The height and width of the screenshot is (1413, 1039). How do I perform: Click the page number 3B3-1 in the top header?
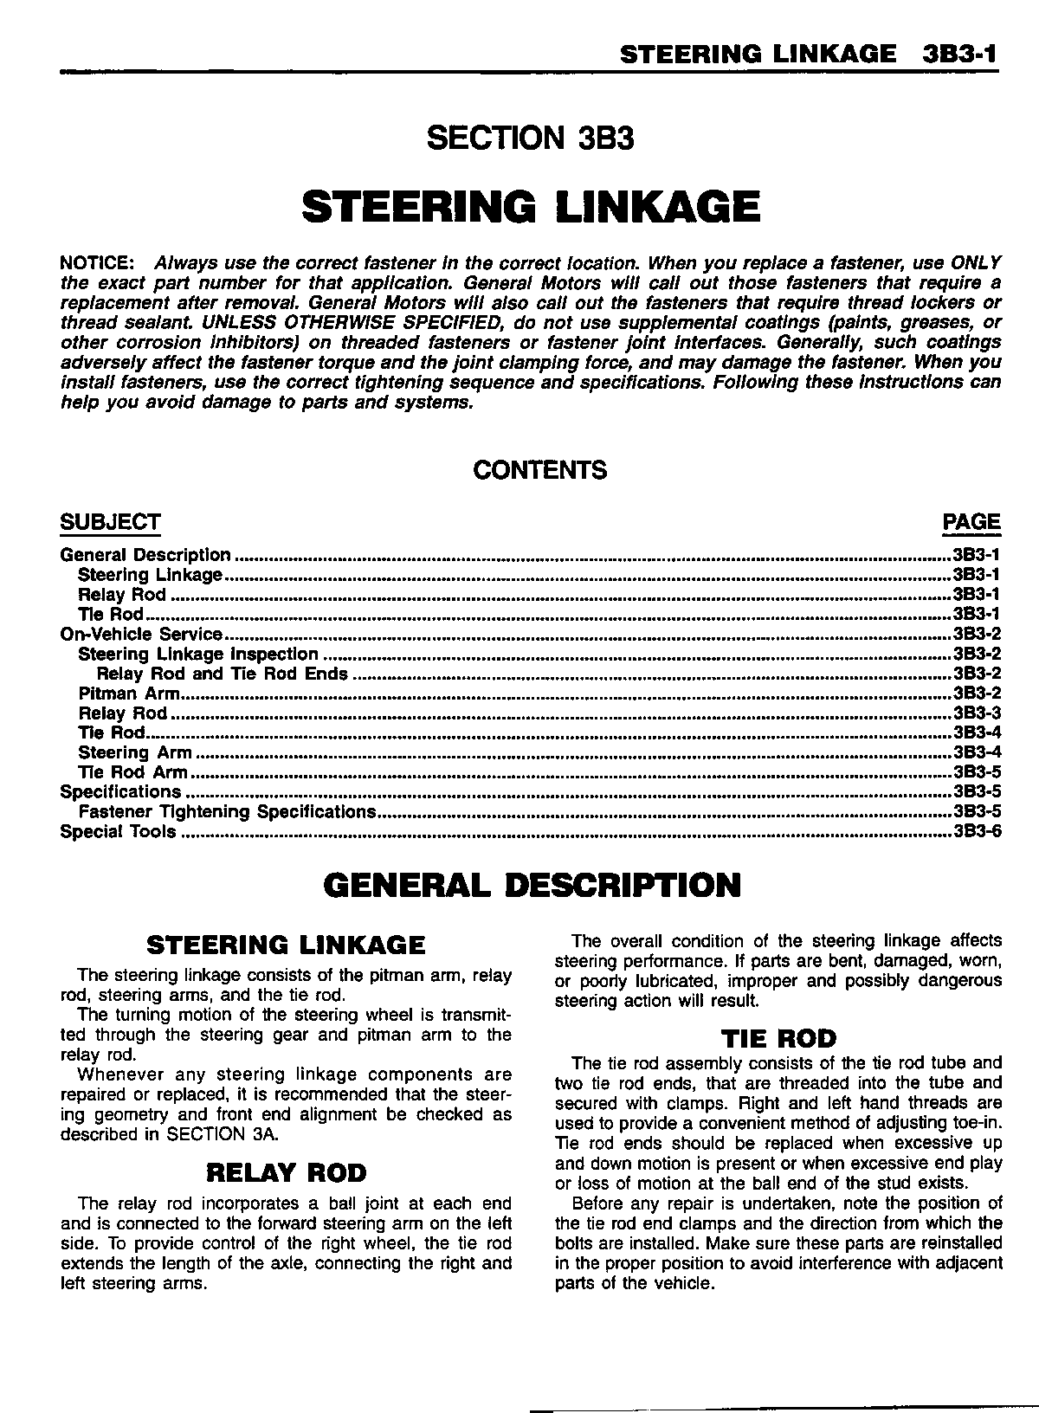(x=960, y=55)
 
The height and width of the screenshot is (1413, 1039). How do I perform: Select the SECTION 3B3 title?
(x=532, y=138)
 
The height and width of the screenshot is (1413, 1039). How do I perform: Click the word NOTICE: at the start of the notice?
(x=96, y=262)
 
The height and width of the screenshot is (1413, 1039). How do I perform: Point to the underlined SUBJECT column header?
(x=110, y=522)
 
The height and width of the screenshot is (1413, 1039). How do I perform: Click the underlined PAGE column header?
(x=971, y=522)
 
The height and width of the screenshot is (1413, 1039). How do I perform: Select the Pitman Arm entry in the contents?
(x=129, y=694)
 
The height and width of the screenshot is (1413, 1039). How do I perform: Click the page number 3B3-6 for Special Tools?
(x=977, y=831)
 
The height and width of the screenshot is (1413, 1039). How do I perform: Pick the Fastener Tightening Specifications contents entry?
(x=227, y=811)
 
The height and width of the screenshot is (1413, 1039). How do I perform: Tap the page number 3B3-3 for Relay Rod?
(x=977, y=713)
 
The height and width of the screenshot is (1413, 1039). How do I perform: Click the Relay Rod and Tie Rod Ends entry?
(x=223, y=674)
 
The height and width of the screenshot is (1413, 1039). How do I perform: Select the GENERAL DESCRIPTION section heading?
(x=532, y=885)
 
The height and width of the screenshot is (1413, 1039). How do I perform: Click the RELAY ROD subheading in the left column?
(x=286, y=1173)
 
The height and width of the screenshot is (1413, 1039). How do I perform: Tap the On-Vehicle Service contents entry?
(x=141, y=635)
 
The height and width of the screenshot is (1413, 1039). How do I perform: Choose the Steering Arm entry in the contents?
(x=135, y=752)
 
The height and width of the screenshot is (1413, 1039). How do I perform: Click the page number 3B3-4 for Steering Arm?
(x=977, y=752)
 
